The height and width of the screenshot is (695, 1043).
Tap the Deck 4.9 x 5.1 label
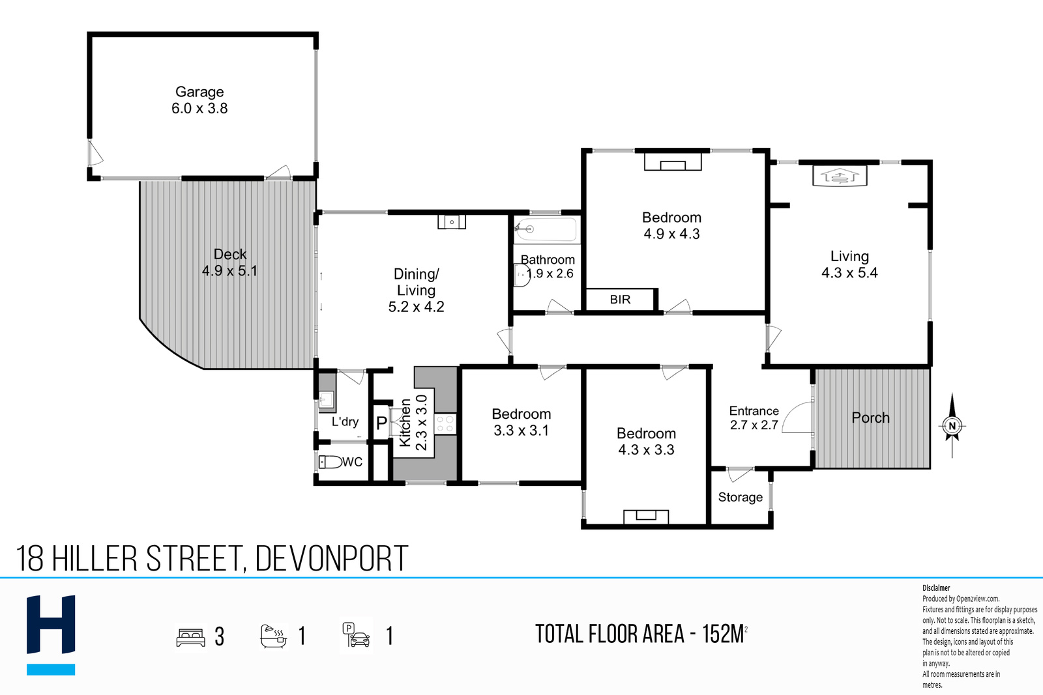229,262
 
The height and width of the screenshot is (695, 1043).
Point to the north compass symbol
952,425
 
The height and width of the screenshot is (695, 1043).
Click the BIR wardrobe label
620,300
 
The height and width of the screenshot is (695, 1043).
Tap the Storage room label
741,497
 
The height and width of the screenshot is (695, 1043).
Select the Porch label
870,418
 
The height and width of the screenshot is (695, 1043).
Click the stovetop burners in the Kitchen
445,424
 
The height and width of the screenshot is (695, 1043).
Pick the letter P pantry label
381,423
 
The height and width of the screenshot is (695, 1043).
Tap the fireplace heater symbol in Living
840,177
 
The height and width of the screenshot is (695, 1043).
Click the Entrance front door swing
797,418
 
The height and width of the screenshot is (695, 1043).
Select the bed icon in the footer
190,637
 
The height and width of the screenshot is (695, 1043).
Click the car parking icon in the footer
356,635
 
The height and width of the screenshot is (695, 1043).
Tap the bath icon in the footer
273,636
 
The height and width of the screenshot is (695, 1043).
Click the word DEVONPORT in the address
332,558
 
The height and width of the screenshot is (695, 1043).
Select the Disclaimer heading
936,588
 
